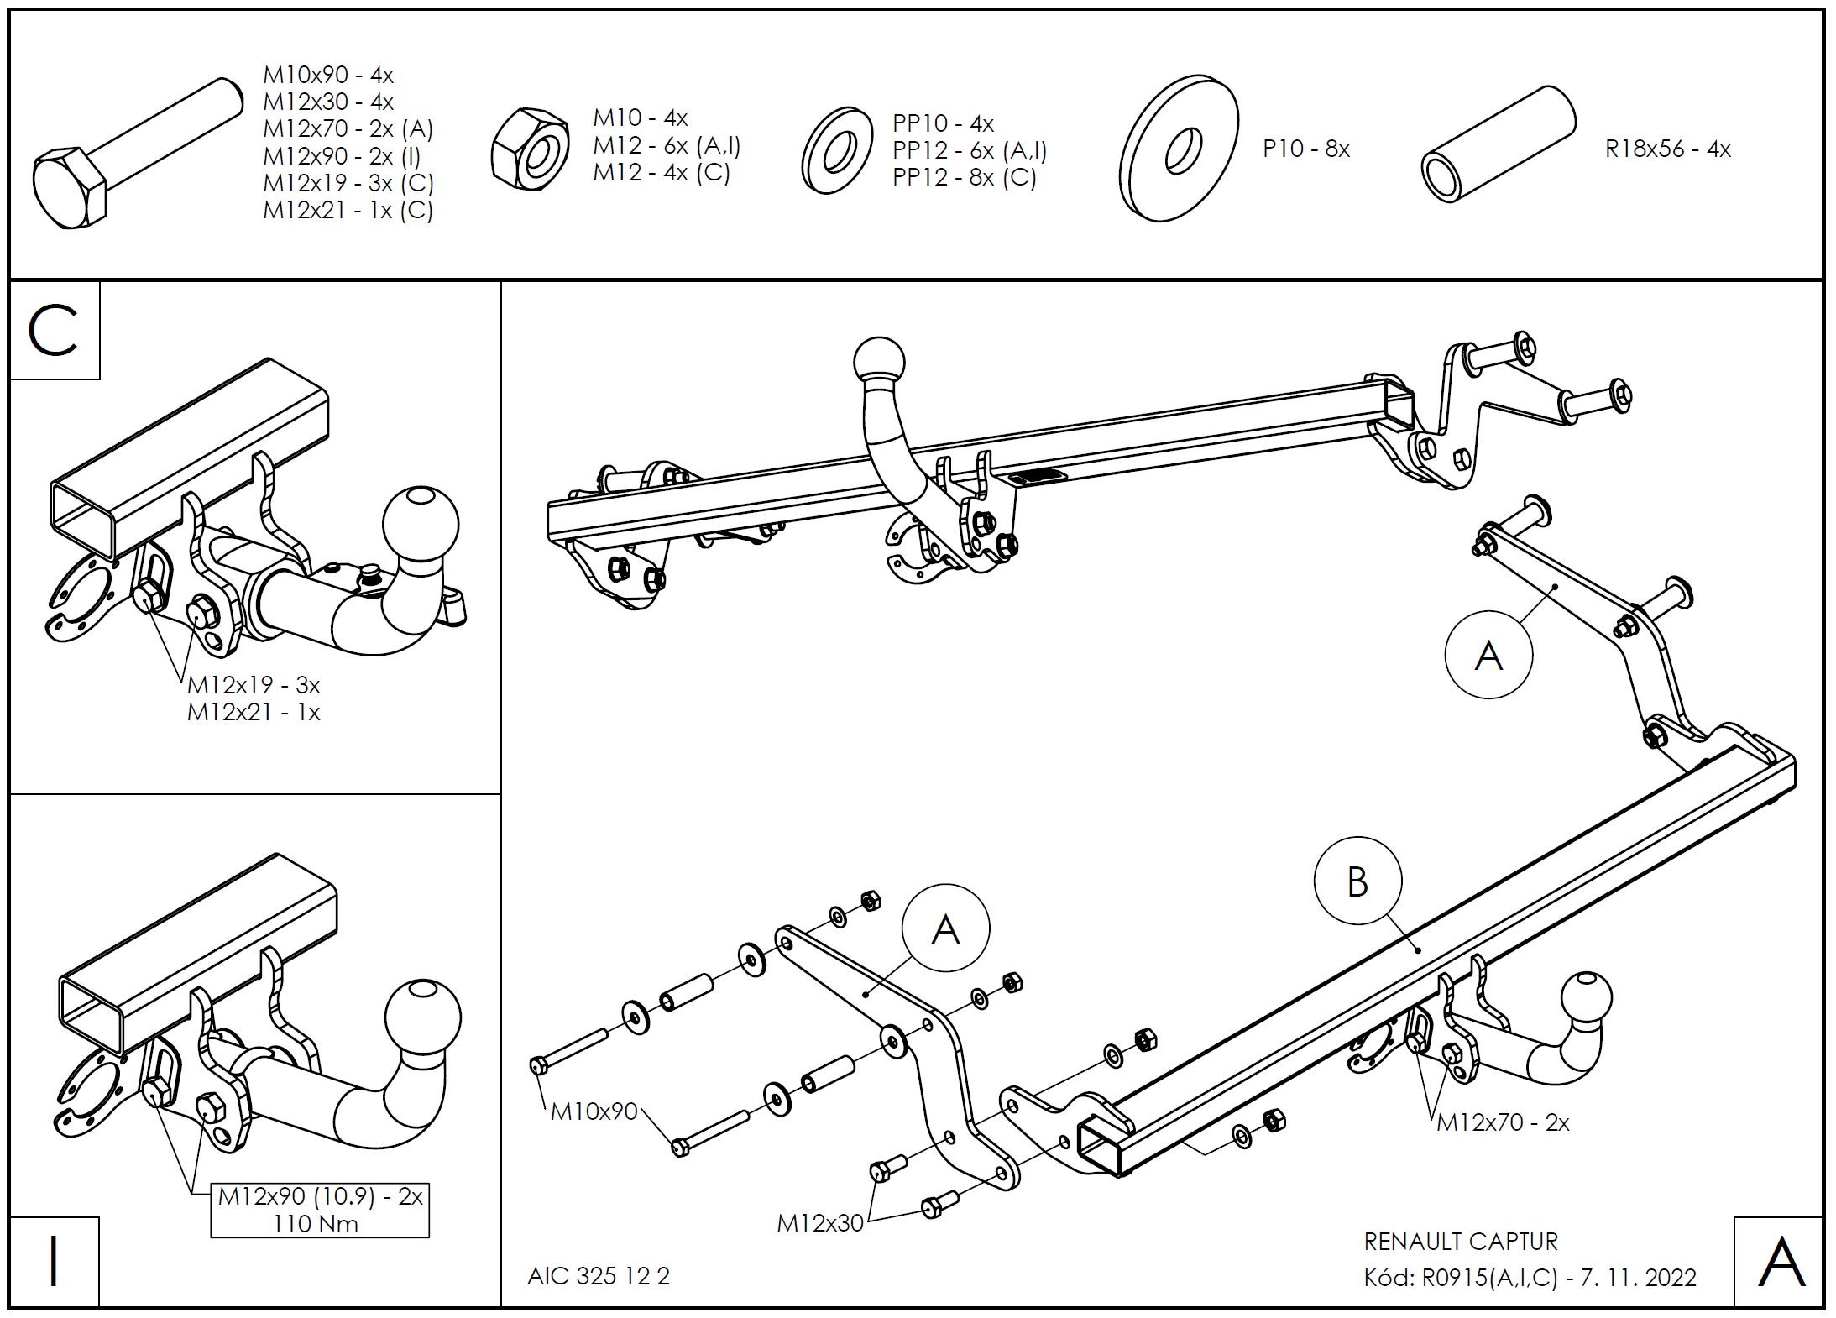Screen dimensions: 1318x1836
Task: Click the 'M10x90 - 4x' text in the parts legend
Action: pyautogui.click(x=328, y=76)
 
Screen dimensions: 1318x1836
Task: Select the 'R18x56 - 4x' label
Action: pyautogui.click(x=1667, y=149)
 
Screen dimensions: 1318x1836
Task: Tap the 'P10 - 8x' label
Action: pyautogui.click(x=1305, y=149)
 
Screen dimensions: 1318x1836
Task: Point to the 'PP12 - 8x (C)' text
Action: pyautogui.click(x=964, y=178)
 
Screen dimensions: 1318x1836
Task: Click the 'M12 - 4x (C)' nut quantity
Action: pyautogui.click(x=662, y=173)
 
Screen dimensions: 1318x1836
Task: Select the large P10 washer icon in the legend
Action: pyautogui.click(x=1179, y=149)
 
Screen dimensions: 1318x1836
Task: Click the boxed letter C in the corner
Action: pyautogui.click(x=55, y=331)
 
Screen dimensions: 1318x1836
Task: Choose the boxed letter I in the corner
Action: pyautogui.click(x=55, y=1261)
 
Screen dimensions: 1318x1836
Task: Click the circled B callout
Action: pyautogui.click(x=1357, y=882)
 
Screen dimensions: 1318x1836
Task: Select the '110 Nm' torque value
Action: pyautogui.click(x=316, y=1224)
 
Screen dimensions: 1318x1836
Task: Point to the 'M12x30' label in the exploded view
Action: pyautogui.click(x=819, y=1223)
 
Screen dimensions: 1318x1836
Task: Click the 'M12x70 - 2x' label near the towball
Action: pyautogui.click(x=1502, y=1122)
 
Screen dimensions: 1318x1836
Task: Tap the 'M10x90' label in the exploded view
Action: pyautogui.click(x=594, y=1111)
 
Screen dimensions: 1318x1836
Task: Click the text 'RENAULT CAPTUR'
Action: pyautogui.click(x=1460, y=1241)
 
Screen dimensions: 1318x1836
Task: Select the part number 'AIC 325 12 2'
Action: pyautogui.click(x=598, y=1276)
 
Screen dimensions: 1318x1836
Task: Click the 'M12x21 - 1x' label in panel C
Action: pyautogui.click(x=254, y=713)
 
